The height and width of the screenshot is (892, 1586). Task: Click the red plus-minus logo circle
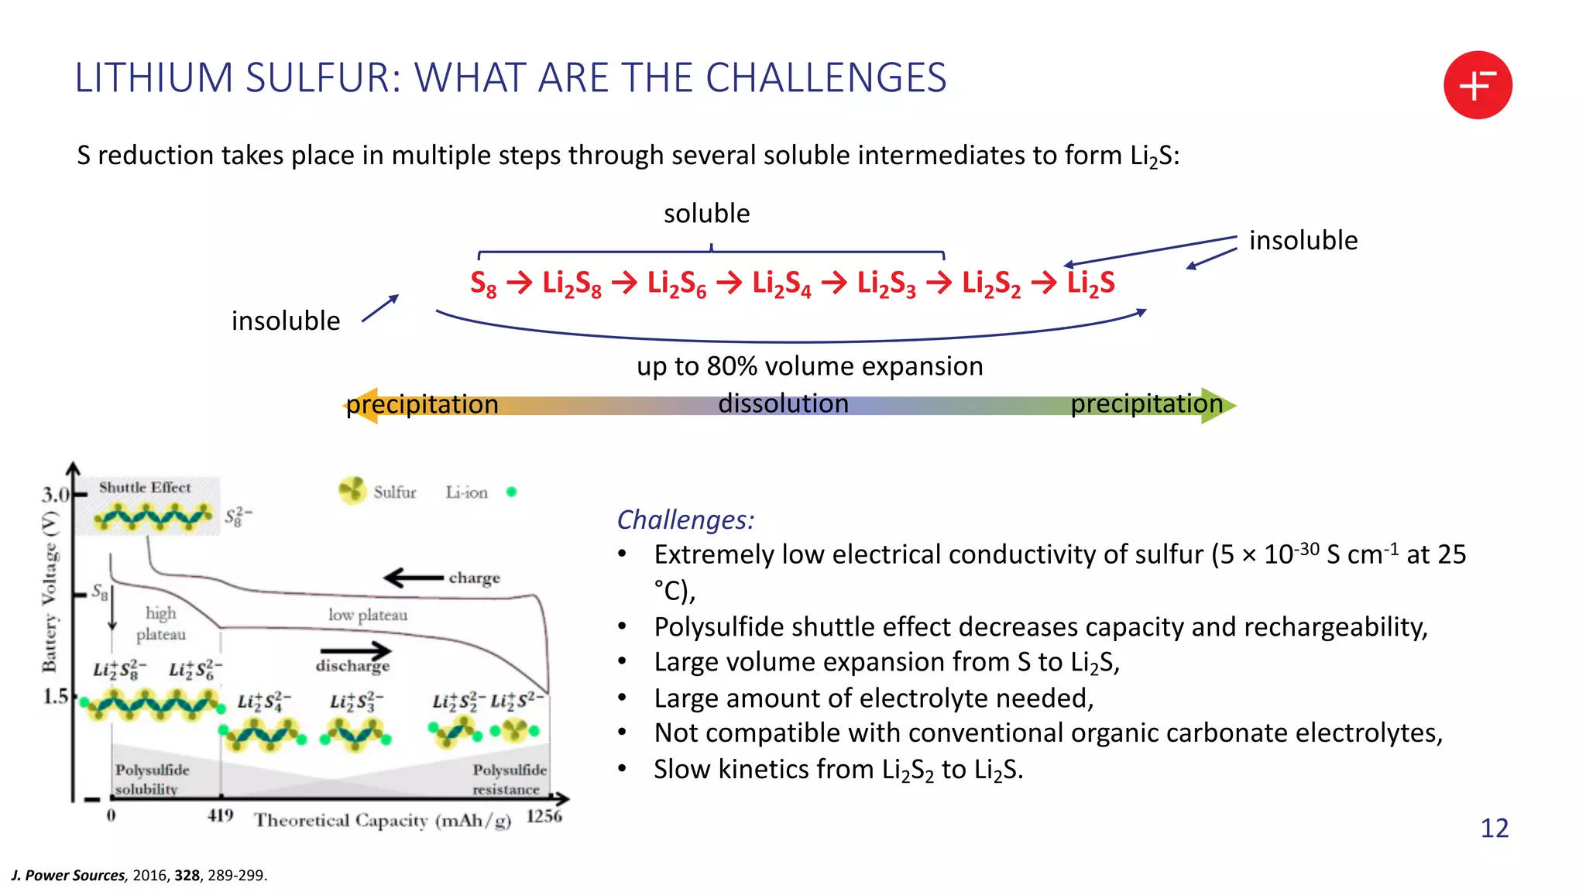[x=1477, y=85]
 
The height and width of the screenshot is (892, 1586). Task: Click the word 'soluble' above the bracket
[x=706, y=214]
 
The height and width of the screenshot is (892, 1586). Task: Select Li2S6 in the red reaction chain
[x=676, y=283]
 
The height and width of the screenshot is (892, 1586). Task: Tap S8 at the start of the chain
[x=483, y=283]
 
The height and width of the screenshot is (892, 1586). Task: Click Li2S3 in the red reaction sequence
[x=886, y=283]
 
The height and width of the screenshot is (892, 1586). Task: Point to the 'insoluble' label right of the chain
[x=1303, y=241]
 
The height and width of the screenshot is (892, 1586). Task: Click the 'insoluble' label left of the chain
[x=286, y=321]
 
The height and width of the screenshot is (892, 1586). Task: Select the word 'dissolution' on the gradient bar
[x=783, y=404]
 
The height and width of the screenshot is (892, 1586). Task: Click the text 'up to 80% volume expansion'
[x=809, y=366]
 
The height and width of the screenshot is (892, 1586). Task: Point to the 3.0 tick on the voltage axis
[x=56, y=495]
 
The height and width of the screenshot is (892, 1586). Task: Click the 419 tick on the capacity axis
[x=220, y=815]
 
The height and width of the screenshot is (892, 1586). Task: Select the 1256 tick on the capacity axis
[x=544, y=816]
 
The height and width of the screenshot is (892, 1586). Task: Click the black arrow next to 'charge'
[x=414, y=578]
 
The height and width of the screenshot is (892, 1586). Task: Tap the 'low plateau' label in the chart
[x=367, y=615]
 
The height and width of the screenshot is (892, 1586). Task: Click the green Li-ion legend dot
[x=511, y=492]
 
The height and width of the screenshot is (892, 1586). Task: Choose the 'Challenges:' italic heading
[x=685, y=520]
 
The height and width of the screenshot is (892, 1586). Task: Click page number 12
[x=1494, y=829]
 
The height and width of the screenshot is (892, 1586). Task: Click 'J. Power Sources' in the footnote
[x=68, y=876]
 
